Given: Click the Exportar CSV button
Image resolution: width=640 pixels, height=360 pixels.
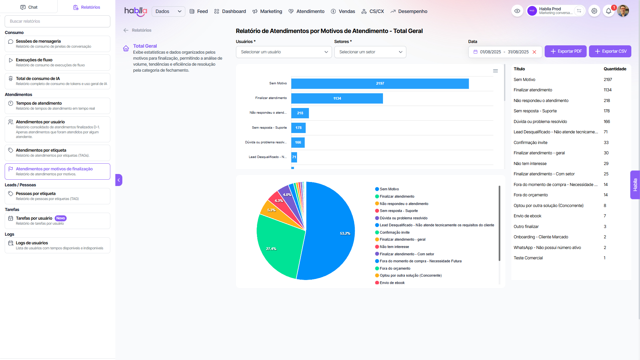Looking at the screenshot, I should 610,51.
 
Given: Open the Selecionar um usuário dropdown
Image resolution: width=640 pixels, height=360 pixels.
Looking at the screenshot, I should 284,52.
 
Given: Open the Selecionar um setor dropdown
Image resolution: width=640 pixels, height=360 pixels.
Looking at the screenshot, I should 370,52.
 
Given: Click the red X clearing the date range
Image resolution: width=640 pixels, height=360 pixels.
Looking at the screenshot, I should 534,52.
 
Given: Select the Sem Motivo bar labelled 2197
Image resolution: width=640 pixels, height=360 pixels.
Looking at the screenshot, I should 380,84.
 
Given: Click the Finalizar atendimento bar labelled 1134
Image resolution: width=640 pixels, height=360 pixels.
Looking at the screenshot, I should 337,98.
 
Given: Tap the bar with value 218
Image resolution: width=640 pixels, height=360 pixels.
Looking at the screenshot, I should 300,113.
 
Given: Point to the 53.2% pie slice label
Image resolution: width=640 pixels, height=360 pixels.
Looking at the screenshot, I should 345,233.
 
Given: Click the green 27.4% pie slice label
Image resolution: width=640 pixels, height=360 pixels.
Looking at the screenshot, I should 271,249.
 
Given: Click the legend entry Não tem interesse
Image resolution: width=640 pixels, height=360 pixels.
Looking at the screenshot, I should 394,247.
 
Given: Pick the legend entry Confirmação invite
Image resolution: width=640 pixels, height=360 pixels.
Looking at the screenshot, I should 395,233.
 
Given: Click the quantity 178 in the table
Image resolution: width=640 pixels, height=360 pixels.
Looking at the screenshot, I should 607,111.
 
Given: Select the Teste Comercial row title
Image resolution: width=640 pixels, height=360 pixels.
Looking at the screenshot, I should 528,258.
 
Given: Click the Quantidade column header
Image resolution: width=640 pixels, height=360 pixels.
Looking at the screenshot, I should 615,69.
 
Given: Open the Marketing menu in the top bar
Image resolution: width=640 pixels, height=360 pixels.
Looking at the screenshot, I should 267,11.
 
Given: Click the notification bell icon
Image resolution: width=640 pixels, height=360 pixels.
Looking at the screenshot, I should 608,11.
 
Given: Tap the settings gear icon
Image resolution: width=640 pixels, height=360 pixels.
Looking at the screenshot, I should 594,11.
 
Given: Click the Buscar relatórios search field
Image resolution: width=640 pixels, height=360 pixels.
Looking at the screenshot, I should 57,21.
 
